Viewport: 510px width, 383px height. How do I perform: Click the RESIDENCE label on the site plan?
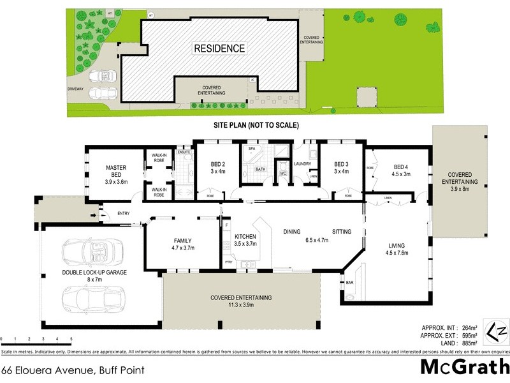pos(219,48)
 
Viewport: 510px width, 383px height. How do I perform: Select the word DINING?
pos(293,232)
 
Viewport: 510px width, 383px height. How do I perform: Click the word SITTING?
pos(342,232)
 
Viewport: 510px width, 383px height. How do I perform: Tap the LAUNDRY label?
pos(302,164)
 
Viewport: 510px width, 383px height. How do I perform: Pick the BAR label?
pos(349,282)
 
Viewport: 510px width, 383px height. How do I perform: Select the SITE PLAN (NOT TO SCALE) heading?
pos(256,126)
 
